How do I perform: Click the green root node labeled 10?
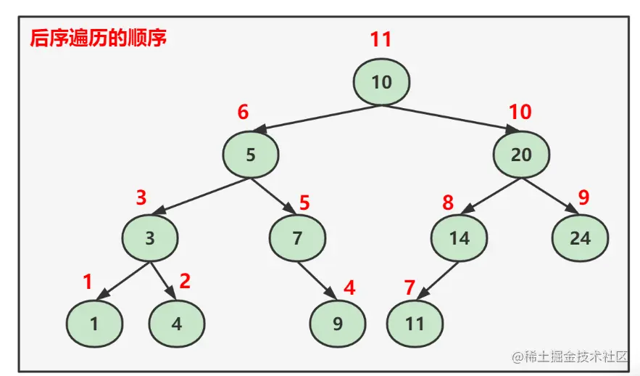tap(382, 82)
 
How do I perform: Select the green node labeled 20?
tap(521, 154)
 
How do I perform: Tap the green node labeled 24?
tap(580, 237)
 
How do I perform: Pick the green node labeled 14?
tap(459, 237)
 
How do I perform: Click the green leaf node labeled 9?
tap(337, 323)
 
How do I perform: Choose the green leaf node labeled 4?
tap(177, 323)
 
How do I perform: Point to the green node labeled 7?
tap(297, 237)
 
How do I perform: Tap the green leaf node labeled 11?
tap(414, 323)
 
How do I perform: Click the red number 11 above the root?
tap(381, 39)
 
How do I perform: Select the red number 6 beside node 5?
tap(244, 113)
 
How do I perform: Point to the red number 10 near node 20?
tap(520, 113)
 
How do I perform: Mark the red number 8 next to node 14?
tap(448, 203)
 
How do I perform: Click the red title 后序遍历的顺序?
tap(99, 38)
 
